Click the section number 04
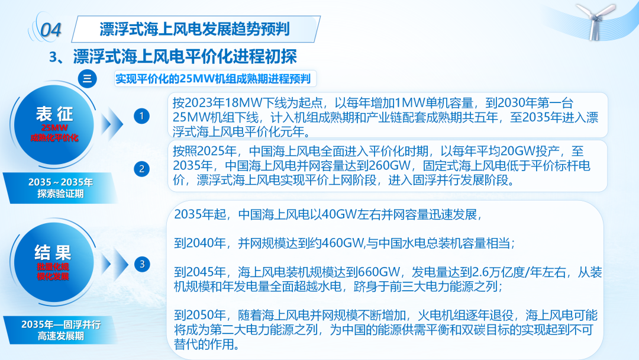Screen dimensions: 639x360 coord(51,30)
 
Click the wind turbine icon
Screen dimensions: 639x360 coord(596,21)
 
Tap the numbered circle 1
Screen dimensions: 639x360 coord(141,116)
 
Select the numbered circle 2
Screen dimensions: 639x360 coord(141,169)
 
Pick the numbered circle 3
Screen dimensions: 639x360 coord(142,264)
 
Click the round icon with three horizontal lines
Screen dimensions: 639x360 coord(87,79)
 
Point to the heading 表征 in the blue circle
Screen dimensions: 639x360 coord(54,114)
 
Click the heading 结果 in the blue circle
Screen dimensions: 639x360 coord(53,253)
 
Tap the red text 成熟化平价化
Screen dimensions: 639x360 coord(54,138)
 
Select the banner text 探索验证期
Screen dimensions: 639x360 coord(60,194)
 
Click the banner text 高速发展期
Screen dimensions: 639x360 coord(61,336)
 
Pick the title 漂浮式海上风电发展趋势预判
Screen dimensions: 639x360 coord(195,29)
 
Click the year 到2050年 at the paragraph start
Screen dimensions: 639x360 coord(200,315)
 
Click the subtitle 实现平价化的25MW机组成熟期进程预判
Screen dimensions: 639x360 coord(213,79)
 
